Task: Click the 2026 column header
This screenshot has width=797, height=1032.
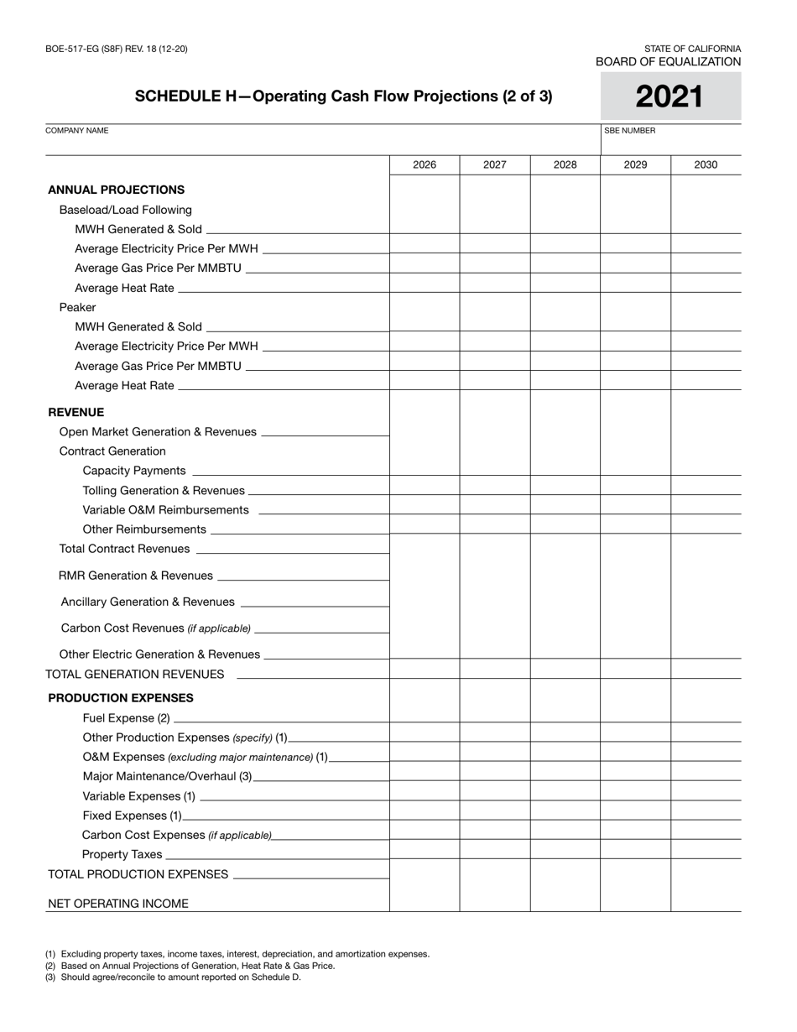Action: click(x=425, y=164)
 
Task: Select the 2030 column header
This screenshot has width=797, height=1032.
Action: click(x=706, y=164)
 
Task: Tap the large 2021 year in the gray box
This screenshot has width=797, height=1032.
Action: click(x=669, y=97)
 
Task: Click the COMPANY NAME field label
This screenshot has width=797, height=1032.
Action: click(x=76, y=131)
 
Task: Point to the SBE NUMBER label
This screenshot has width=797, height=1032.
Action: click(x=629, y=131)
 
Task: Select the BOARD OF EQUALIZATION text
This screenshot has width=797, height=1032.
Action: click(x=668, y=61)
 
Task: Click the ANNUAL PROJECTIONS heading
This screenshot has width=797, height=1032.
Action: click(x=116, y=190)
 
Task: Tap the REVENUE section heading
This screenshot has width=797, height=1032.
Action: click(x=76, y=412)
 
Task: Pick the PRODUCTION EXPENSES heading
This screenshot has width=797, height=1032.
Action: click(x=120, y=697)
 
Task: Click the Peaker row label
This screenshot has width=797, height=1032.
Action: click(x=77, y=307)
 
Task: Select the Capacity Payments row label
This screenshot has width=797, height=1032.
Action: click(x=134, y=471)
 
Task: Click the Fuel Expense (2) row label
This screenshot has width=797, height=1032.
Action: click(x=126, y=717)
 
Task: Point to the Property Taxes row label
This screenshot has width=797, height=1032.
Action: click(x=122, y=854)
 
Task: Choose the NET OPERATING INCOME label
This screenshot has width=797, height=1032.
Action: click(x=118, y=904)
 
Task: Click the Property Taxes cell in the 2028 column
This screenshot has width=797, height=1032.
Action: click(x=565, y=849)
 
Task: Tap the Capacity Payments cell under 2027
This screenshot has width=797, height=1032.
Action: click(x=495, y=466)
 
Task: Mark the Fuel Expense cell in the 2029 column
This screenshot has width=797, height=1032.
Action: click(x=635, y=712)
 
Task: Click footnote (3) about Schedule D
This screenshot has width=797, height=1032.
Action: click(x=173, y=977)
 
